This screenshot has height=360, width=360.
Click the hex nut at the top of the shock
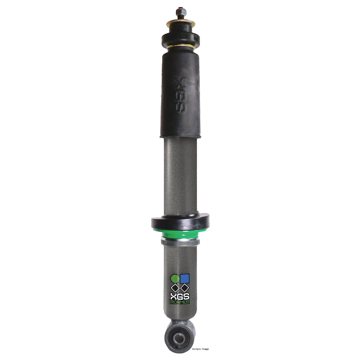click(181, 12)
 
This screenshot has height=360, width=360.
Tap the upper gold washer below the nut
click(181, 23)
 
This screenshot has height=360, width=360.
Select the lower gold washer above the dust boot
click(181, 47)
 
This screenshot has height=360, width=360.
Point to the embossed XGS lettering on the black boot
click(181, 95)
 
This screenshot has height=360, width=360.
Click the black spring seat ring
click(180, 222)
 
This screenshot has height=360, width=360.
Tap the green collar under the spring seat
click(180, 234)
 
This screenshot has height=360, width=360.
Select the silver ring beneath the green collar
click(180, 241)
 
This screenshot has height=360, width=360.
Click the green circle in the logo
click(175, 278)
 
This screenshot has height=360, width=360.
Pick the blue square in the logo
click(185, 278)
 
